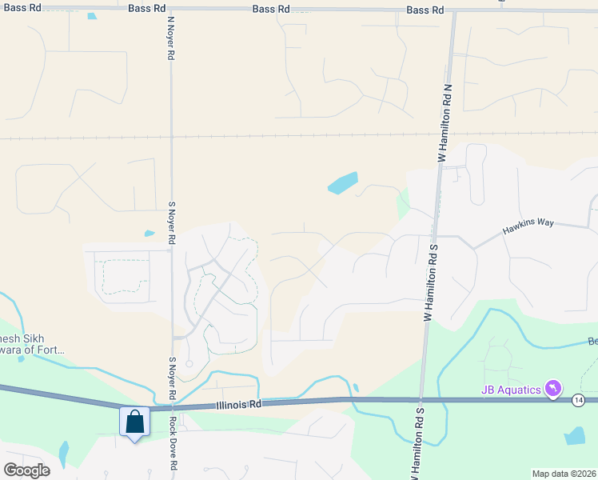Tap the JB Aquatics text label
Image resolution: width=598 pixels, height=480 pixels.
(x=510, y=390)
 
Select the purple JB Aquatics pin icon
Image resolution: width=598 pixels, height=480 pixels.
(x=552, y=389)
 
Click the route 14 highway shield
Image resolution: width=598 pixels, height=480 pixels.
(x=578, y=400)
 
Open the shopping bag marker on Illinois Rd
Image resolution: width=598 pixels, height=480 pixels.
(x=134, y=422)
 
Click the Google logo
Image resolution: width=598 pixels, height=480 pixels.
(x=26, y=470)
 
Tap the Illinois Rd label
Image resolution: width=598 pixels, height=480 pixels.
(x=238, y=405)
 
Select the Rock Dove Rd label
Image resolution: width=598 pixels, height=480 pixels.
(x=172, y=447)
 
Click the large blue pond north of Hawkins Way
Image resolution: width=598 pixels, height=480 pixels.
(x=342, y=183)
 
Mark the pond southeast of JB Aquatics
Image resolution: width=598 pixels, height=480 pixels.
(x=574, y=436)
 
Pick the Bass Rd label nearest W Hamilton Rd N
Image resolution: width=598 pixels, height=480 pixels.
(x=425, y=10)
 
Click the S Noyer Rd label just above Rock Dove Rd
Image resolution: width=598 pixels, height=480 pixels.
(x=171, y=378)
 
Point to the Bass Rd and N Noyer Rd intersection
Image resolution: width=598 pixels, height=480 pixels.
(x=171, y=9)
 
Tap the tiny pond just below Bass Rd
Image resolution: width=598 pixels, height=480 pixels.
(x=92, y=17)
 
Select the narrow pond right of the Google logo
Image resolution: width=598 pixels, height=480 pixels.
(x=63, y=455)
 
